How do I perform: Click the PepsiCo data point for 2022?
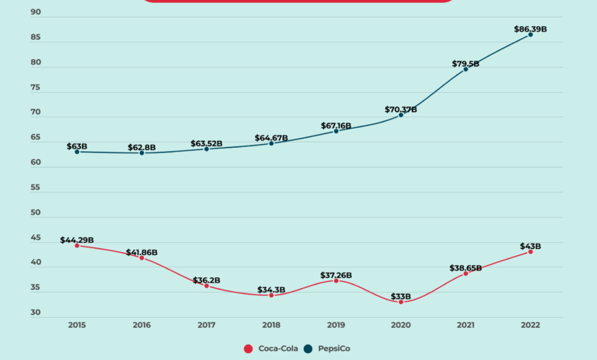click(530, 34)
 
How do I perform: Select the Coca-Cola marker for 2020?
click(401, 302)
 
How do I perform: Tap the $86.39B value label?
click(530, 29)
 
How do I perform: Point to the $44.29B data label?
click(77, 240)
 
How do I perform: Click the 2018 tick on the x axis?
click(271, 325)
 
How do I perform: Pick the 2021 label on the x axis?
click(465, 325)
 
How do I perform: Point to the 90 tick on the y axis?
click(36, 13)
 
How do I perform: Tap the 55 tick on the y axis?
click(36, 188)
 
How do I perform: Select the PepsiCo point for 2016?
click(142, 153)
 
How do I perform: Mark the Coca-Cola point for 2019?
click(336, 280)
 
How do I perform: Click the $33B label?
click(401, 296)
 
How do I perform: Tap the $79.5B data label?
click(465, 64)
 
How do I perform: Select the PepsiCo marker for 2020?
click(401, 115)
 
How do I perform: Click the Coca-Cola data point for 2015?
click(77, 246)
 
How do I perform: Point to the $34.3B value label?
click(271, 290)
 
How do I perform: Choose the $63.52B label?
click(206, 143)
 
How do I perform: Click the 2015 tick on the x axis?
click(77, 325)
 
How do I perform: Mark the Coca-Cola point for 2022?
click(530, 252)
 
